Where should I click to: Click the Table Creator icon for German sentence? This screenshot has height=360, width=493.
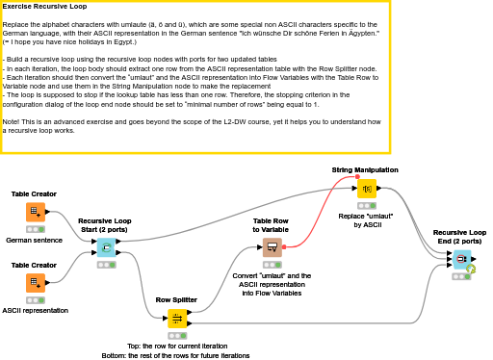pyautogui.click(x=35, y=212)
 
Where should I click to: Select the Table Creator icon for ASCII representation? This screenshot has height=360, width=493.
pyautogui.click(x=35, y=282)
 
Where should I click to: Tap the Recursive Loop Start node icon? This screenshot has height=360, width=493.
pyautogui.click(x=106, y=247)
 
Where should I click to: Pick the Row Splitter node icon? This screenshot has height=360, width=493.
pyautogui.click(x=177, y=318)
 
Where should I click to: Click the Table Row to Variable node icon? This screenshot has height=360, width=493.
pyautogui.click(x=272, y=247)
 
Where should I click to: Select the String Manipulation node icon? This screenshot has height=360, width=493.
pyautogui.click(x=366, y=188)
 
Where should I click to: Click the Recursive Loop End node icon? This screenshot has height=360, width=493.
pyautogui.click(x=460, y=259)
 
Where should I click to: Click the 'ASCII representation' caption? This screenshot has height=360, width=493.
pyautogui.click(x=36, y=310)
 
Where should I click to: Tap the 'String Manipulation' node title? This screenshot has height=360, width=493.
pyautogui.click(x=365, y=169)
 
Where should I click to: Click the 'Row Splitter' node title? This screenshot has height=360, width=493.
pyautogui.click(x=177, y=299)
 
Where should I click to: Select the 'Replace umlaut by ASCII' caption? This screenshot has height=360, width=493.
pyautogui.click(x=365, y=219)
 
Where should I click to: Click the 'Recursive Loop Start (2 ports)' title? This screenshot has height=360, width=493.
pyautogui.click(x=106, y=224)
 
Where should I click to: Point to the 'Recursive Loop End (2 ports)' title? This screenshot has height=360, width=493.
pyautogui.click(x=459, y=236)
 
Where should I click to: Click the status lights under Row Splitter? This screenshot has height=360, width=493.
pyautogui.click(x=177, y=334)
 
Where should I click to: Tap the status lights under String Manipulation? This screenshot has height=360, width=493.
pyautogui.click(x=366, y=205)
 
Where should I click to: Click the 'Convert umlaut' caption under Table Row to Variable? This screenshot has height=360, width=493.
pyautogui.click(x=272, y=280)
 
